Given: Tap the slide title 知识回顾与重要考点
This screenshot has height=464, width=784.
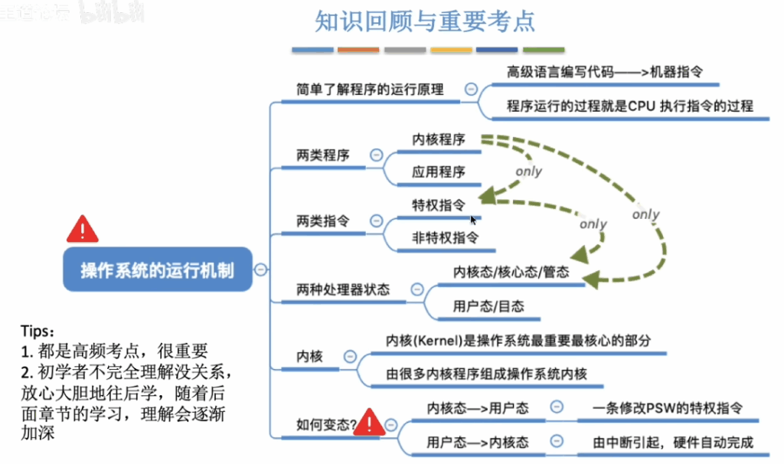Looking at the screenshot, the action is (425, 21).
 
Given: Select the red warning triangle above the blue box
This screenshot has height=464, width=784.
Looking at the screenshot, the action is (83, 230).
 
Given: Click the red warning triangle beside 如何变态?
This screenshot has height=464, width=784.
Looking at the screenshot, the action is (369, 422).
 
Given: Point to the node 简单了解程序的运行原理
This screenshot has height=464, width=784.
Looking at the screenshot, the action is (370, 90).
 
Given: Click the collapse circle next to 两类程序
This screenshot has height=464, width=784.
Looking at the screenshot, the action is (376, 155).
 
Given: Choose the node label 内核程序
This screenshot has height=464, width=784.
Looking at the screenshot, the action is (439, 139).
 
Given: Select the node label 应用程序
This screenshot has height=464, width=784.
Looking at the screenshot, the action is (439, 172).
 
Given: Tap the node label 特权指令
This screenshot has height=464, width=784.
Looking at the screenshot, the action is (439, 205).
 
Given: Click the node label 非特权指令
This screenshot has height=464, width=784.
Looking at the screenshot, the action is (445, 237).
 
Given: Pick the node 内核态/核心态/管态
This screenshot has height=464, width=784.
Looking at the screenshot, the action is (511, 272).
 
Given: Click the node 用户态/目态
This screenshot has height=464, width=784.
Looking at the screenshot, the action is (488, 306).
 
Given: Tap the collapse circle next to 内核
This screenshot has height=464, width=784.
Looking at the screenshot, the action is (350, 357).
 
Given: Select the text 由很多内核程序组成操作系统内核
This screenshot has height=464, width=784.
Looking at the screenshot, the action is (486, 374).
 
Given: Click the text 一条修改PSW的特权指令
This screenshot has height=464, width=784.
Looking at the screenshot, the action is (668, 408).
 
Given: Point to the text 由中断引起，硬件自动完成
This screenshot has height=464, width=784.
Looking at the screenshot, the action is (672, 443).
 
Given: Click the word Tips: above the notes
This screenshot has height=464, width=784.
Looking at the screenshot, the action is (38, 331).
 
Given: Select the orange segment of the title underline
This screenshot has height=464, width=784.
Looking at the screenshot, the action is (358, 50).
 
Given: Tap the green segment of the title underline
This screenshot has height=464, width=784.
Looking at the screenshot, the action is (544, 50).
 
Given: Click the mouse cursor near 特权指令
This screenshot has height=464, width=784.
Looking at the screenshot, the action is (473, 220).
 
